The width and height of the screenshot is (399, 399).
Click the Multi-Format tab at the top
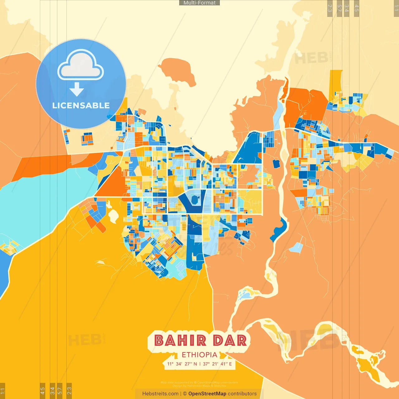(x=199, y=3)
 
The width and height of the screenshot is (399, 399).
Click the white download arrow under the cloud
(x=77, y=89)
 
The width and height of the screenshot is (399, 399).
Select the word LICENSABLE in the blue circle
(x=81, y=105)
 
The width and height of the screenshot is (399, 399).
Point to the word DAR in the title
(x=230, y=340)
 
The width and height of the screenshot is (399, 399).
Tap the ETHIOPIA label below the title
(x=199, y=355)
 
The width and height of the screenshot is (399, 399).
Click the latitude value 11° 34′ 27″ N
(x=182, y=364)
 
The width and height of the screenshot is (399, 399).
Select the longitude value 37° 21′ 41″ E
(x=218, y=364)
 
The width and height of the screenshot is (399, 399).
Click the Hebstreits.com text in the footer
(x=160, y=394)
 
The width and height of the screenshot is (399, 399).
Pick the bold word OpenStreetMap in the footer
(x=207, y=394)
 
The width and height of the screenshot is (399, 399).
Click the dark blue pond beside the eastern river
(x=280, y=229)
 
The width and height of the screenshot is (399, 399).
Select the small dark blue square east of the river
(x=276, y=164)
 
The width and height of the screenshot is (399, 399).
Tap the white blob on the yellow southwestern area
(x=113, y=215)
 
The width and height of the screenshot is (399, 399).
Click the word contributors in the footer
(x=242, y=394)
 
